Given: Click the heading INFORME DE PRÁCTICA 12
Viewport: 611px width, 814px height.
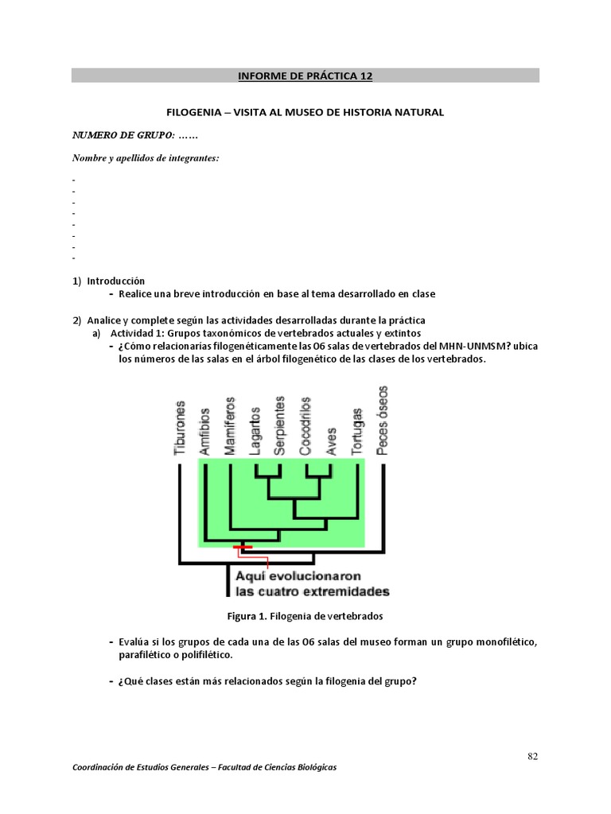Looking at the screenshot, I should (305, 76).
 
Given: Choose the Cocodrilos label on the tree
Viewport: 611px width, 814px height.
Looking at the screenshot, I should (305, 426).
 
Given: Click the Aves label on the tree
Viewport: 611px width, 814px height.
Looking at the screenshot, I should (332, 439).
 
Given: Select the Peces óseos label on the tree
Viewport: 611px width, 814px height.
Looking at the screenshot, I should (383, 421).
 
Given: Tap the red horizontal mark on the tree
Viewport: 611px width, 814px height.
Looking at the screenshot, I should (243, 547).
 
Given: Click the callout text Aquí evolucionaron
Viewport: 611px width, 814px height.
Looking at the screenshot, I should (298, 576).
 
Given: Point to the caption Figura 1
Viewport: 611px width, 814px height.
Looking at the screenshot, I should (248, 616).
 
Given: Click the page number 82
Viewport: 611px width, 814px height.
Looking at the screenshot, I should (533, 756).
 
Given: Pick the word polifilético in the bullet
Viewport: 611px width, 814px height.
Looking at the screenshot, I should (204, 656).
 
